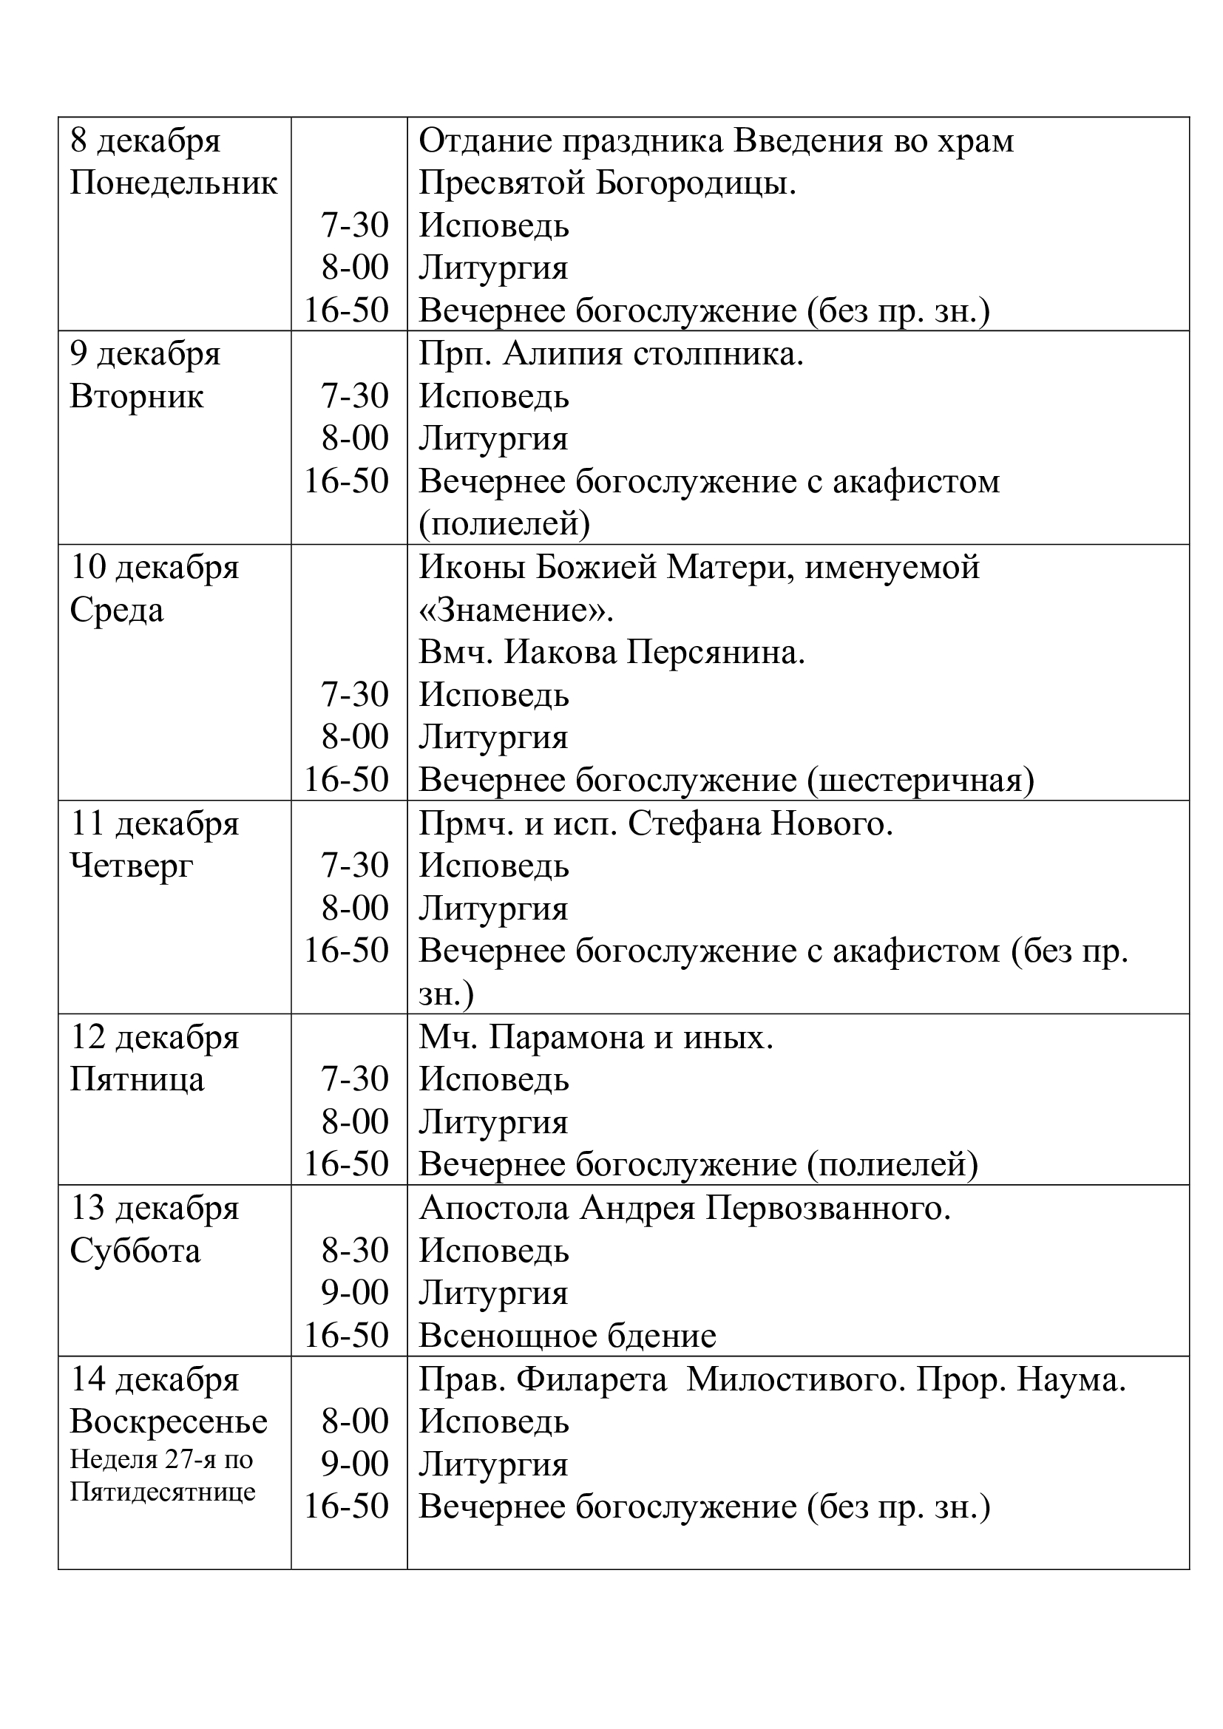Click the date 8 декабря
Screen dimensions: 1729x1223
coord(146,142)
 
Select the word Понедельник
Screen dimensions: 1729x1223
coord(174,184)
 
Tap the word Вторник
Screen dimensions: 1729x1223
coord(136,397)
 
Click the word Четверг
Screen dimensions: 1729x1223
coord(132,867)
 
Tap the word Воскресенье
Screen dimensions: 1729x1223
coord(169,1422)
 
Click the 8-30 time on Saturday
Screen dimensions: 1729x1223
coord(355,1251)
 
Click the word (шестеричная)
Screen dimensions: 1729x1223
coord(921,781)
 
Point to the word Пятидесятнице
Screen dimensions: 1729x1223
coord(163,1492)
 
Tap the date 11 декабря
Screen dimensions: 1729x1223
coord(155,823)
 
